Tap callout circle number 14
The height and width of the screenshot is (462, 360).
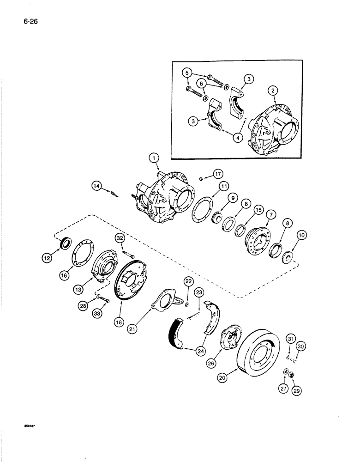[x=96, y=186]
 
